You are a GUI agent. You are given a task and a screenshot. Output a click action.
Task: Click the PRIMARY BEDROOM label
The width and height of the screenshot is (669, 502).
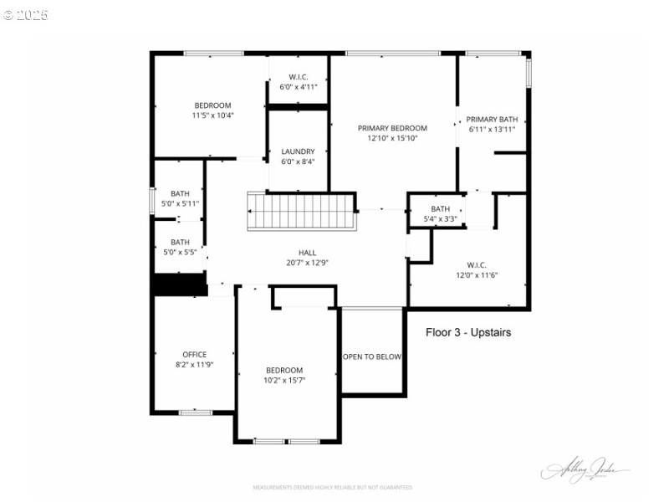pyautogui.click(x=392, y=128)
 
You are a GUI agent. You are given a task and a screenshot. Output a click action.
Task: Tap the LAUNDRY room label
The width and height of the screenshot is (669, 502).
pyautogui.click(x=298, y=151)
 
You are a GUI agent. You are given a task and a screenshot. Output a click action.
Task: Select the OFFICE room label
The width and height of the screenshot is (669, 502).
pyautogui.click(x=195, y=354)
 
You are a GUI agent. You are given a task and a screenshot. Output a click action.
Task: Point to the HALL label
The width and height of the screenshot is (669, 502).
pyautogui.click(x=308, y=252)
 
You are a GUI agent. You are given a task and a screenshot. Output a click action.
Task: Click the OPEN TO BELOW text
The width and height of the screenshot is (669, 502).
pyautogui.click(x=372, y=356)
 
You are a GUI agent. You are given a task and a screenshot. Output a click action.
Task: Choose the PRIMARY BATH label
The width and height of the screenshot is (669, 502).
pyautogui.click(x=492, y=119)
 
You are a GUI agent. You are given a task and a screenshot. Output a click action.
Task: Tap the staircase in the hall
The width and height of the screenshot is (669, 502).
pyautogui.click(x=301, y=211)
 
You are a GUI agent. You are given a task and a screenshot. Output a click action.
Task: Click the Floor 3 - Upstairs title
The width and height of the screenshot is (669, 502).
pyautogui.click(x=468, y=332)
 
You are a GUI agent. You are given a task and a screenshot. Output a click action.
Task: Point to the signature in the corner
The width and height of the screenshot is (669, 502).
pyautogui.click(x=585, y=471)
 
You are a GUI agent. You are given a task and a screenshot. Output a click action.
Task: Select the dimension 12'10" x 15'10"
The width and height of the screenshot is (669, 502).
pyautogui.click(x=392, y=139)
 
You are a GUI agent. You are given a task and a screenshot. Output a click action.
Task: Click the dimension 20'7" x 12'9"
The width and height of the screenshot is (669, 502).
pyautogui.click(x=308, y=262)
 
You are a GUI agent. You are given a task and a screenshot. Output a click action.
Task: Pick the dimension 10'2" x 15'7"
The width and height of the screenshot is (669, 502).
pyautogui.click(x=284, y=380)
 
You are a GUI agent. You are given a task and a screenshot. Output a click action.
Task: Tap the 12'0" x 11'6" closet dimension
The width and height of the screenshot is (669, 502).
pyautogui.click(x=477, y=275)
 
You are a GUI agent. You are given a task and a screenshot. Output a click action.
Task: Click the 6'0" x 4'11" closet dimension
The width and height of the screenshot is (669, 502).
pyautogui.click(x=299, y=86)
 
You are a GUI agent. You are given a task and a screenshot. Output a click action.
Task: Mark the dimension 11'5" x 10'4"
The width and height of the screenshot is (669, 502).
pyautogui.click(x=212, y=115)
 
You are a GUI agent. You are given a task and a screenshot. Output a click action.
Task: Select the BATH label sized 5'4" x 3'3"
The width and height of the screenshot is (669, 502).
pyautogui.click(x=440, y=208)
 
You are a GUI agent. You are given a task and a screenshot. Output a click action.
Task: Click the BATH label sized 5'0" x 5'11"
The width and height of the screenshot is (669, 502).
pyautogui.click(x=180, y=193)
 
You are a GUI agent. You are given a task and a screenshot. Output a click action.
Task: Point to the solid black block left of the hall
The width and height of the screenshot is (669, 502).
pyautogui.click(x=180, y=284)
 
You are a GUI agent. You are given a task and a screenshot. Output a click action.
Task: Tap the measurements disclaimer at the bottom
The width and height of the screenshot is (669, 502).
pyautogui.click(x=333, y=487)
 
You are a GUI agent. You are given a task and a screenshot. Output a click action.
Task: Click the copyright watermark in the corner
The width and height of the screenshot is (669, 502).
pyautogui.click(x=25, y=14)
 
